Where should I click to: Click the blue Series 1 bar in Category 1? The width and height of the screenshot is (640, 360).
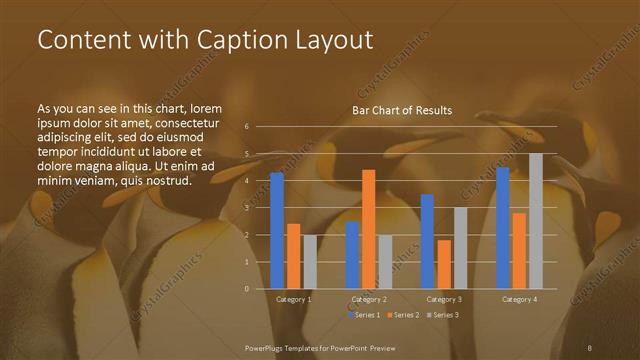point(277,230)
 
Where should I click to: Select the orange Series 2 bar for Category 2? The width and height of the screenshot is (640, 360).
point(369,229)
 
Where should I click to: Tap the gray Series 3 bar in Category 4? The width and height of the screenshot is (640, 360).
point(536,221)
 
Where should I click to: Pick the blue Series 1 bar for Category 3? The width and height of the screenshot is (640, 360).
point(427,241)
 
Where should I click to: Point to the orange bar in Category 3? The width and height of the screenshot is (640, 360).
point(444,264)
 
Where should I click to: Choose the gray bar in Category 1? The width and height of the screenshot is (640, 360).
point(310,261)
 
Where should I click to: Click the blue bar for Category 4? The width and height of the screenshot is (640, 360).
point(502,227)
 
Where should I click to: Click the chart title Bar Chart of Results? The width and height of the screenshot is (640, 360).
point(402,110)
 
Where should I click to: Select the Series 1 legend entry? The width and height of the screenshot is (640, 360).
point(364,315)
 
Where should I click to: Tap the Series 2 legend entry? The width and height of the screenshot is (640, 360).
point(402,315)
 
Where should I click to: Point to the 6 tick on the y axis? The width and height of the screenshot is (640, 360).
point(247,127)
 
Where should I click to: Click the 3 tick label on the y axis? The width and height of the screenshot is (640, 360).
point(247,208)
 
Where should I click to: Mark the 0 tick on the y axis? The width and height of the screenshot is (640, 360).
point(247,289)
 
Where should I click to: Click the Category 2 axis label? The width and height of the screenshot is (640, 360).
point(369,299)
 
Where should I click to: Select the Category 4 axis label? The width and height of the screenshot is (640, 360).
point(519,299)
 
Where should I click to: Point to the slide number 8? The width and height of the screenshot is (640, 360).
point(590,347)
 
